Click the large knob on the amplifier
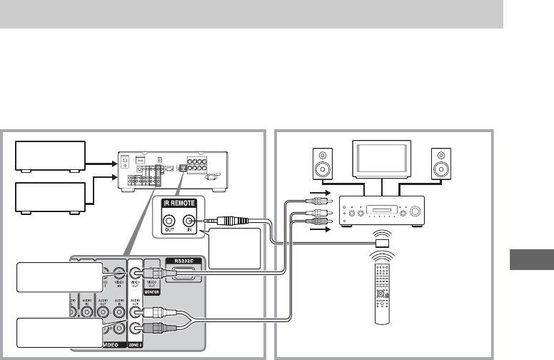point(411,212)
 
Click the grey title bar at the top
point(251,14)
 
